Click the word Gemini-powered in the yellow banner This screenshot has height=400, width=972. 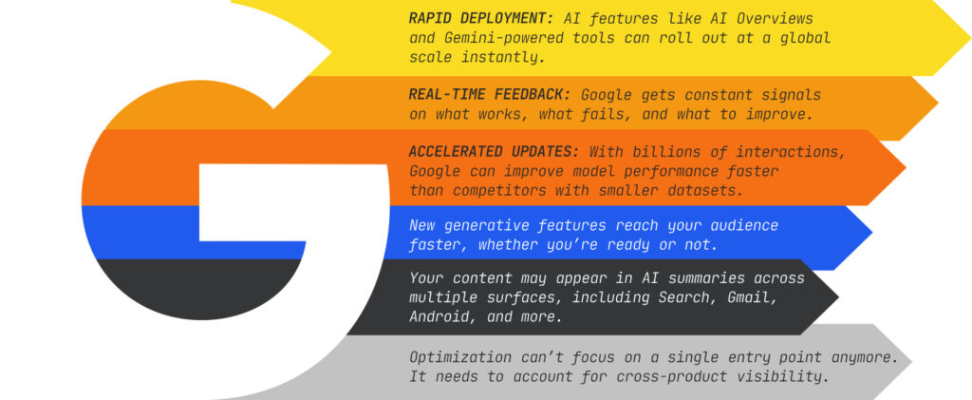pos(514,38)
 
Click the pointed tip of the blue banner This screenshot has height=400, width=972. pos(871,234)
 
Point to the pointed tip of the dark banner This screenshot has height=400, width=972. pos(837,297)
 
